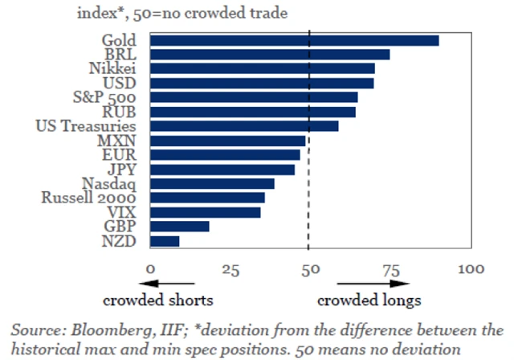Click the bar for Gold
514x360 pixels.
pyautogui.click(x=295, y=40)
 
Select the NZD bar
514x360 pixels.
pyautogui.click(x=165, y=241)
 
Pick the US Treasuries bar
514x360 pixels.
pyautogui.click(x=244, y=126)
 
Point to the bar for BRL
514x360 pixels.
pyautogui.click(x=270, y=55)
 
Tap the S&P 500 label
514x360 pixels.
pyautogui.click(x=103, y=97)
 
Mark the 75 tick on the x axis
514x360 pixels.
pyautogui.click(x=390, y=269)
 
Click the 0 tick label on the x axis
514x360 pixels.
pyautogui.click(x=150, y=269)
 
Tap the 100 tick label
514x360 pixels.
pyautogui.click(x=471, y=269)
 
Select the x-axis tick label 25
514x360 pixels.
pyautogui.click(x=230, y=269)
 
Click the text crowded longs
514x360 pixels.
pyautogui.click(x=369, y=301)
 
